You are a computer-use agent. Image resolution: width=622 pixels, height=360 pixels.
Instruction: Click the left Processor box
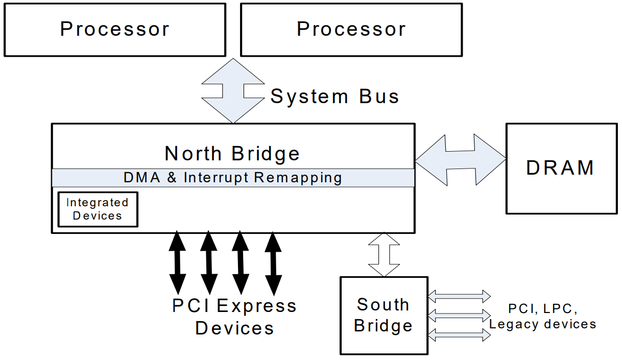[x=114, y=30]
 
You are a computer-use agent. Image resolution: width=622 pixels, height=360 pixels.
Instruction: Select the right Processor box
[x=351, y=30]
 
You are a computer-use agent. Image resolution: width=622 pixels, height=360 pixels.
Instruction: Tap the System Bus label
[x=334, y=97]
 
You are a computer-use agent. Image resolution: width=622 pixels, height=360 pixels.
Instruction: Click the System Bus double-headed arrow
[x=233, y=91]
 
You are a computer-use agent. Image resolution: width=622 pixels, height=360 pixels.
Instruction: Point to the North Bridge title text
[x=232, y=153]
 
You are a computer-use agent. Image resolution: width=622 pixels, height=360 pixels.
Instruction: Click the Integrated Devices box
[x=98, y=209]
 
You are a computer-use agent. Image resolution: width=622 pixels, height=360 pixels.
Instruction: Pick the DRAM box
[x=561, y=168]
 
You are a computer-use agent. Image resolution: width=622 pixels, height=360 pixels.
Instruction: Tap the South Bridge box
[x=384, y=315]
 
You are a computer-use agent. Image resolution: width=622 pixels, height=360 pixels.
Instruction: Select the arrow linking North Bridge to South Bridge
[x=384, y=254]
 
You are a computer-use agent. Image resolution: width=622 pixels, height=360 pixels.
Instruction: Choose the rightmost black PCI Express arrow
[x=274, y=263]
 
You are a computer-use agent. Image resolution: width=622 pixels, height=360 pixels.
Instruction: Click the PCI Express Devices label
[x=234, y=317]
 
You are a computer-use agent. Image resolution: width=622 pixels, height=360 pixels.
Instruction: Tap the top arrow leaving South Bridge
[x=459, y=296]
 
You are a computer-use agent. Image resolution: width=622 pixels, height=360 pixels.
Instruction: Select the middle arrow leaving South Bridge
[x=459, y=315]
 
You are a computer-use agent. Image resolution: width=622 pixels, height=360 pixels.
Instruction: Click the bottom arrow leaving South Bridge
[x=459, y=335]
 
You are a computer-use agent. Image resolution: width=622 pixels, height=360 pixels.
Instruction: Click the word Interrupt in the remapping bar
[x=217, y=178]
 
